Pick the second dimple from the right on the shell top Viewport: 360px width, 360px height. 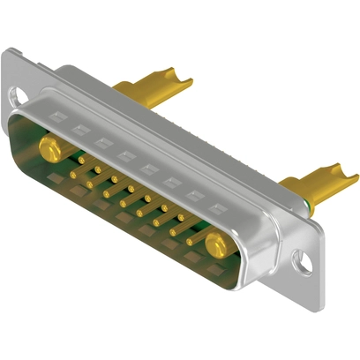(x=190, y=193)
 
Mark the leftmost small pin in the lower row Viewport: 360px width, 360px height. (x=73, y=175)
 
